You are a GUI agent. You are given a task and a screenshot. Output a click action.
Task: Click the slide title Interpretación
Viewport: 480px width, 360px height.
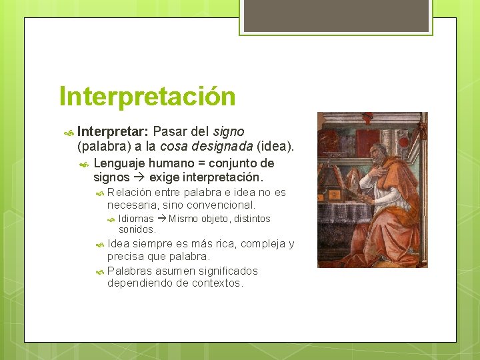147,96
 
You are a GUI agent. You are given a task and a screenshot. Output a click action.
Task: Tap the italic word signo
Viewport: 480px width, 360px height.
229,131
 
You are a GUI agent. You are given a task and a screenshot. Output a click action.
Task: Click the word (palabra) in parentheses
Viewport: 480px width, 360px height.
104,146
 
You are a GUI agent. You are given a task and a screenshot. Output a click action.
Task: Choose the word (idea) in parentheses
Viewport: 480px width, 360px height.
275,146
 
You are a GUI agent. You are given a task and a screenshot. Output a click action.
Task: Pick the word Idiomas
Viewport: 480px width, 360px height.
136,219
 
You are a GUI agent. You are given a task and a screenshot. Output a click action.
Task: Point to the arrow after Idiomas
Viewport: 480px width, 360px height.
161,219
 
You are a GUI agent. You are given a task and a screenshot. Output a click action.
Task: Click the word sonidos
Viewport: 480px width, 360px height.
137,229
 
